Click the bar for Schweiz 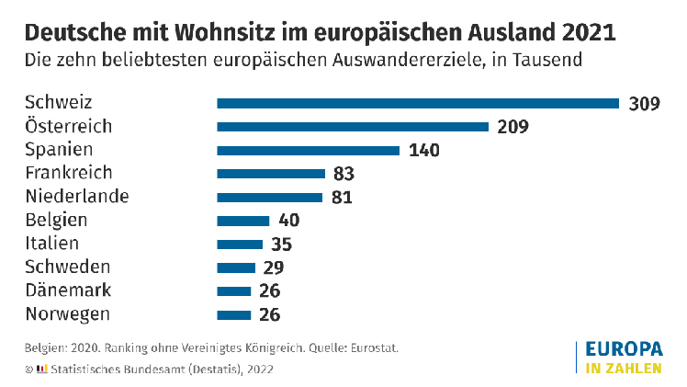(x=418, y=103)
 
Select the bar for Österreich (x=353, y=127)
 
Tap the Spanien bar (x=308, y=150)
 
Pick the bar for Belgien (x=243, y=221)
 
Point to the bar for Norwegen (x=234, y=315)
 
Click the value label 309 (x=645, y=103)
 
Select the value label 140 (x=424, y=150)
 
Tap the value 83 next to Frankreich (x=344, y=174)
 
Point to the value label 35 (x=281, y=245)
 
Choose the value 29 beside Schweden (x=273, y=268)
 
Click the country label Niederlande (x=77, y=196)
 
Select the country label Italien (x=52, y=244)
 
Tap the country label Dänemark (x=69, y=290)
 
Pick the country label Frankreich (x=69, y=173)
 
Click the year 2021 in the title (x=582, y=33)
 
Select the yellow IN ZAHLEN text (x=623, y=370)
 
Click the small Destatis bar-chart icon (x=41, y=369)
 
